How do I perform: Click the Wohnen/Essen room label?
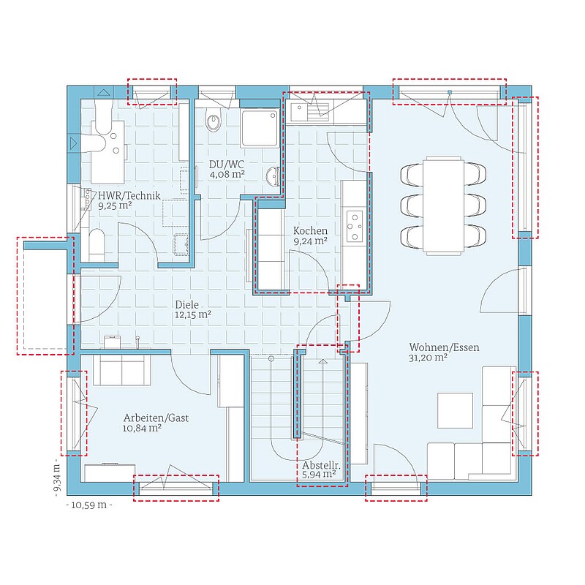click(444, 347)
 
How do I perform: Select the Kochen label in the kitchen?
click(310, 230)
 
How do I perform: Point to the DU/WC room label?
click(227, 165)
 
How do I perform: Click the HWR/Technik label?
click(129, 195)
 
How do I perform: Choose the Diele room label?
click(187, 305)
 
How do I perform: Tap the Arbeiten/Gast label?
click(156, 418)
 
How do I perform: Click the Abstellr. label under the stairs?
click(321, 465)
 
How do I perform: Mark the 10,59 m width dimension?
click(89, 505)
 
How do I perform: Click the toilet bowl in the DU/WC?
click(214, 121)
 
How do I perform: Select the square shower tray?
click(260, 128)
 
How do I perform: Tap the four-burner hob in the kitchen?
click(354, 227)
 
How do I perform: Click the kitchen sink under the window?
click(309, 112)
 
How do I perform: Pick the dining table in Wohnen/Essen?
click(443, 205)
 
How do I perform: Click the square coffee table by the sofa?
click(455, 410)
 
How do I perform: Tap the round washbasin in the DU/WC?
click(273, 175)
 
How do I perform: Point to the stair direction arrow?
click(323, 361)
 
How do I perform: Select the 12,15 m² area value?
click(193, 315)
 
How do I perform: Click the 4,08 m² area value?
click(227, 175)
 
